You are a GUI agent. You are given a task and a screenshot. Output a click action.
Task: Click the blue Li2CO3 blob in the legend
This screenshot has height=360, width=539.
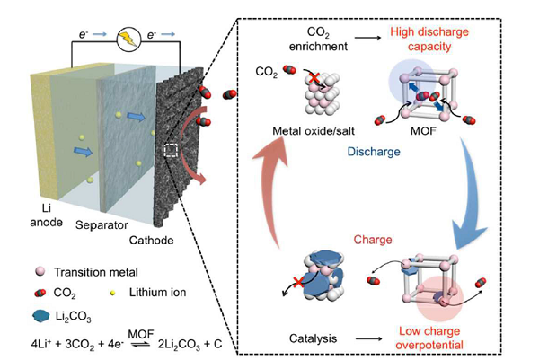coord(28,317)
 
